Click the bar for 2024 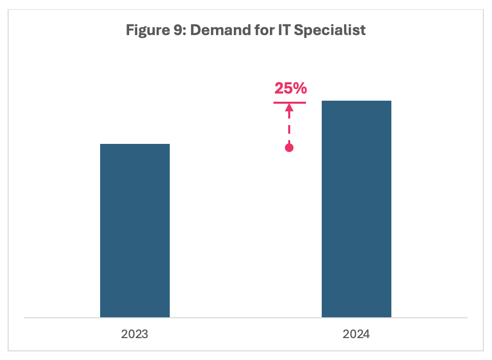click(356, 209)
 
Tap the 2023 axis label click(135, 335)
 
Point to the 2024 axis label click(356, 335)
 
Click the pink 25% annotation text click(290, 88)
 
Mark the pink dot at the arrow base click(289, 148)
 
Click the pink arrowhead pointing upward click(289, 108)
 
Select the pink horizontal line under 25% click(290, 103)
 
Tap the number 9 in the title click(178, 30)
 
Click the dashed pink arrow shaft click(289, 127)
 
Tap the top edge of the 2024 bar click(356, 101)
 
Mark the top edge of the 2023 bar click(135, 144)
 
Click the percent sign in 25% click(300, 88)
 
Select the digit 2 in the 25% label click(279, 88)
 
